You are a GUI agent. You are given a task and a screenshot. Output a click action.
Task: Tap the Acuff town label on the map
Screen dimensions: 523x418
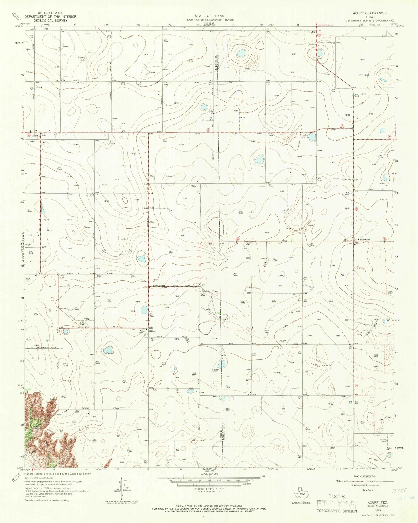(x=35, y=136)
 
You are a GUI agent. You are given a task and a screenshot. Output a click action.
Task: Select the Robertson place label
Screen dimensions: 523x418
(x=364, y=239)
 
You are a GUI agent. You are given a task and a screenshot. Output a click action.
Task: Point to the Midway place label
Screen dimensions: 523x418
(x=153, y=331)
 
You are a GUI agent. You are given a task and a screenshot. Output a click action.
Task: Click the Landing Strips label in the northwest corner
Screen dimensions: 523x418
(x=82, y=59)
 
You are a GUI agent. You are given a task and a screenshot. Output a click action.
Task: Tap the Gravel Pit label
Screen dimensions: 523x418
(x=327, y=365)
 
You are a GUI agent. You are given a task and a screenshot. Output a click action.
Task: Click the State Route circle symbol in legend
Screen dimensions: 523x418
(x=359, y=490)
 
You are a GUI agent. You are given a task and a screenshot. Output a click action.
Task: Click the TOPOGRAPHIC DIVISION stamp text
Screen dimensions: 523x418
(x=337, y=511)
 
